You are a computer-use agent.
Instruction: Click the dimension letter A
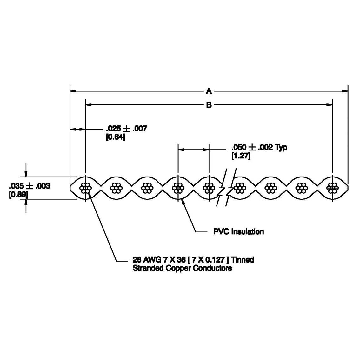pos(209,91)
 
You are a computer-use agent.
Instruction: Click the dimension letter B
pos(209,105)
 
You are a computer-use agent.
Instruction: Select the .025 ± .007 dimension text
pos(126,128)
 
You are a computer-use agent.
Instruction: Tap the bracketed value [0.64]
pos(116,137)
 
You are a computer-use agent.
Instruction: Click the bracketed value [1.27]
pos(241,156)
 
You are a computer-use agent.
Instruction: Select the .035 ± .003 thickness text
pos(30,186)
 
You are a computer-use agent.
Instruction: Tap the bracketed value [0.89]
pos(18,195)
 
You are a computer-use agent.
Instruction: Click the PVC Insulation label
pos(238,231)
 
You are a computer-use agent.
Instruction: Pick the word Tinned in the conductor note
pos(243,260)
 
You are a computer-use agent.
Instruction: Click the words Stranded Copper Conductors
pos(182,268)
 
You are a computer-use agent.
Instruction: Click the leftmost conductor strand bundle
pos(85,188)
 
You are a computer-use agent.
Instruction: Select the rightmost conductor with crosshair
pos(332,188)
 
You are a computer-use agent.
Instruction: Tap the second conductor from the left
pos(117,188)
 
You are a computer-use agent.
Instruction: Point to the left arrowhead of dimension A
pos(73,91)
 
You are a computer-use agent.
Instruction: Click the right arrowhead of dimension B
pos(330,105)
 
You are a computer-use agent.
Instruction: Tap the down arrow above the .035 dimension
pos(26,174)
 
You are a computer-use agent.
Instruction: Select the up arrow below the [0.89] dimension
pos(26,202)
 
